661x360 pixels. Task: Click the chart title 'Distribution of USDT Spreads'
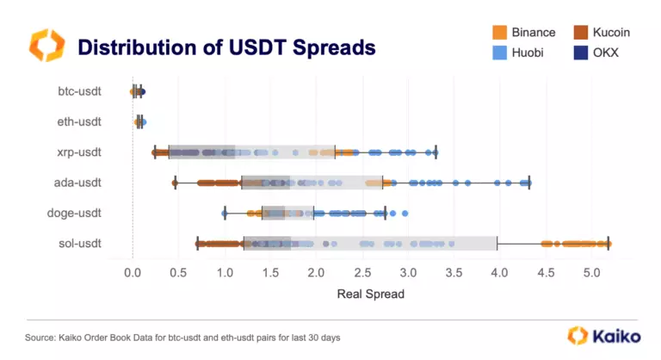pyautogui.click(x=226, y=47)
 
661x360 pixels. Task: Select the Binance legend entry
pyautogui.click(x=524, y=33)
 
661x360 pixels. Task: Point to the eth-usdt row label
pyautogui.click(x=79, y=121)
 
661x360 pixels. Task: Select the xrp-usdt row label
pyautogui.click(x=79, y=152)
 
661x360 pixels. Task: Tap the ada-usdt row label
pyautogui.click(x=79, y=183)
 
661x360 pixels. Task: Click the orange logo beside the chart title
pyautogui.click(x=46, y=46)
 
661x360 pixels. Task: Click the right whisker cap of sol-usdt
pyautogui.click(x=608, y=244)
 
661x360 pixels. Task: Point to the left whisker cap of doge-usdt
pyautogui.click(x=225, y=213)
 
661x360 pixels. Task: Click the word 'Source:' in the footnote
pyautogui.click(x=40, y=337)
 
